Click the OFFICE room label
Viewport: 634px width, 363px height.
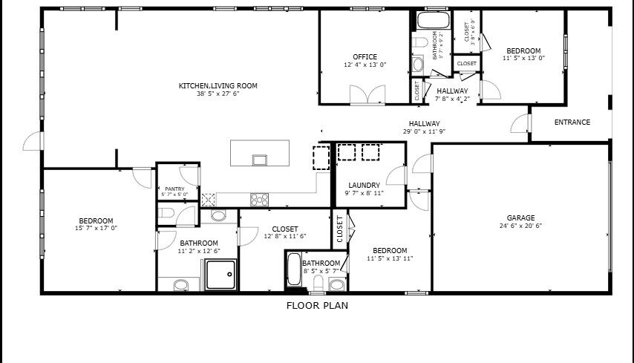click(x=365, y=57)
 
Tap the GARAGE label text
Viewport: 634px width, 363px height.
click(x=521, y=218)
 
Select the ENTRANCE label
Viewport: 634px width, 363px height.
click(x=572, y=122)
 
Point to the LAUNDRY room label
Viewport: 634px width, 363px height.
click(x=365, y=185)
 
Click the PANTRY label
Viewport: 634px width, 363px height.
click(x=174, y=189)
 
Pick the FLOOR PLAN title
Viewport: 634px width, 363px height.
click(x=318, y=306)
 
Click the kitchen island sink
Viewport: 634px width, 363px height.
click(x=260, y=160)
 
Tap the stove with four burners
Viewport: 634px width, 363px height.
click(x=259, y=200)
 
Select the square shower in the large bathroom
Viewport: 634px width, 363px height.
click(x=220, y=275)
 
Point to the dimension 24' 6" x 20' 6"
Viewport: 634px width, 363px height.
click(x=521, y=226)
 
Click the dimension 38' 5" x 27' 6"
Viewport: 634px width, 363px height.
click(x=218, y=94)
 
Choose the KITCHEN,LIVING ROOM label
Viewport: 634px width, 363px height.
click(x=218, y=85)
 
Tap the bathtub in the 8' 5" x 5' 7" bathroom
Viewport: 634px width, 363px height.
click(x=294, y=269)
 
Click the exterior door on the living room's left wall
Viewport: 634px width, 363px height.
click(x=33, y=141)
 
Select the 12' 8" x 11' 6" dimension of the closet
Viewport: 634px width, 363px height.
click(x=285, y=237)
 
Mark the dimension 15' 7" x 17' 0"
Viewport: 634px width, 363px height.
click(x=97, y=229)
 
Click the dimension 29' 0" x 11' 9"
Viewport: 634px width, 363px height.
click(x=424, y=131)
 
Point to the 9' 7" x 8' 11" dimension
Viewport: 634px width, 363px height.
click(x=365, y=193)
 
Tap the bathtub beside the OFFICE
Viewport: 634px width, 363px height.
click(x=433, y=20)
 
